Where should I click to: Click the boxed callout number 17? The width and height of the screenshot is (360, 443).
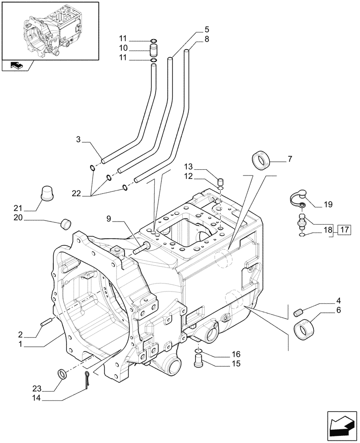(344, 229)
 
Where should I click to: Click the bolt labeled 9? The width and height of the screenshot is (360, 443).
(141, 249)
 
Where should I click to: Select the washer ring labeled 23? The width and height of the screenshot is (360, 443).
(61, 374)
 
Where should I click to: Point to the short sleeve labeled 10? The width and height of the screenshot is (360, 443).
(154, 48)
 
